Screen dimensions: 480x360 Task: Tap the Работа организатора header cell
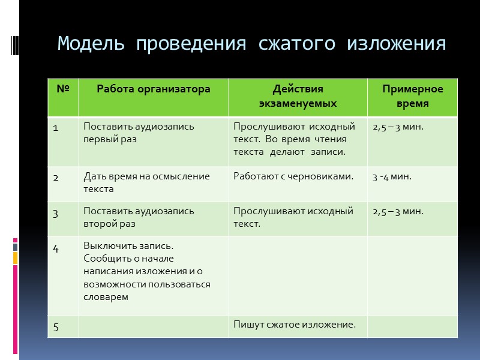[154, 89]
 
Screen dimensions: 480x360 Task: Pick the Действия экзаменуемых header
[298, 96]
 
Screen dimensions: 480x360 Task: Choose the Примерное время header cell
[412, 96]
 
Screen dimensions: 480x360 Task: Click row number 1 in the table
[56, 127]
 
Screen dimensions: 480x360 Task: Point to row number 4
[56, 247]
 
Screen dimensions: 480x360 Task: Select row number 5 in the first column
[56, 326]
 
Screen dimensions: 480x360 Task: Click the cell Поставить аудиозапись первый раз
[139, 133]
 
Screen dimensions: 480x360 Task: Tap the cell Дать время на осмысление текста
[146, 182]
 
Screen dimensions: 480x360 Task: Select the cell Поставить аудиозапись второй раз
[139, 217]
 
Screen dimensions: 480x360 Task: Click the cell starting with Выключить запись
[147, 271]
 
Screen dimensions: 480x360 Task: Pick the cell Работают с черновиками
[293, 176]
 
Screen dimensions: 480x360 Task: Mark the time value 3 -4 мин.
[392, 176]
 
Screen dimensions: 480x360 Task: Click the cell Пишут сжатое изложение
[295, 325]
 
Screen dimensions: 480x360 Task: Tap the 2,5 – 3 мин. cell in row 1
[398, 127]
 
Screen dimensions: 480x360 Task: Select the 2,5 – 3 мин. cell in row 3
[398, 211]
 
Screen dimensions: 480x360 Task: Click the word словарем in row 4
[106, 296]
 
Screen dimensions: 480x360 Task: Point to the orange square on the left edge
[15, 258]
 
